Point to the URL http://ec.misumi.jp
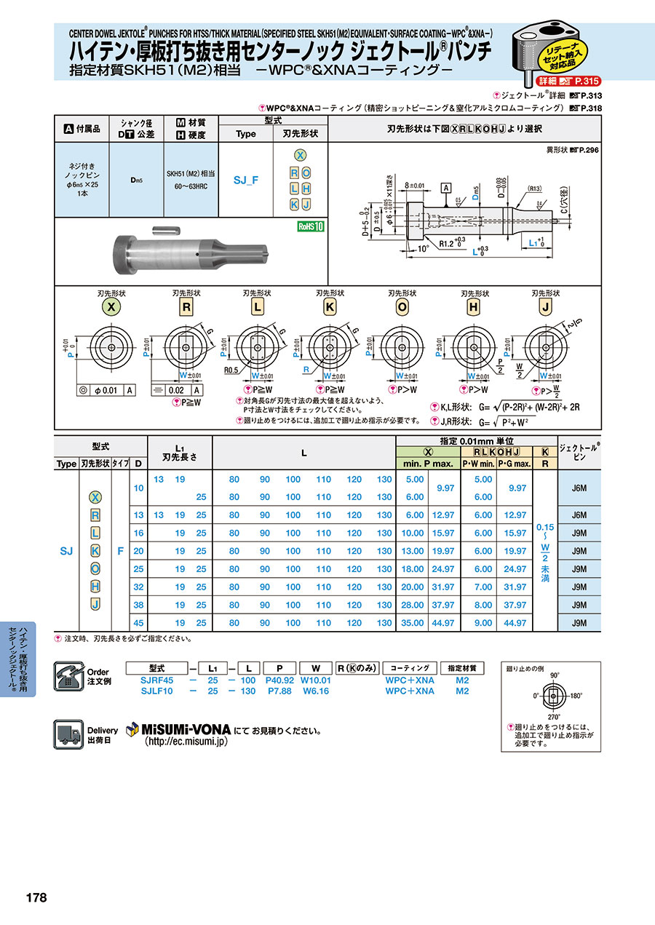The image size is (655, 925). pyautogui.click(x=186, y=741)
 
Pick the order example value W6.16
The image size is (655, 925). pyautogui.click(x=316, y=691)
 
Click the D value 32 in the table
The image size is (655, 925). pyautogui.click(x=138, y=587)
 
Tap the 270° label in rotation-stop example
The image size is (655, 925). pyautogui.click(x=553, y=717)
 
